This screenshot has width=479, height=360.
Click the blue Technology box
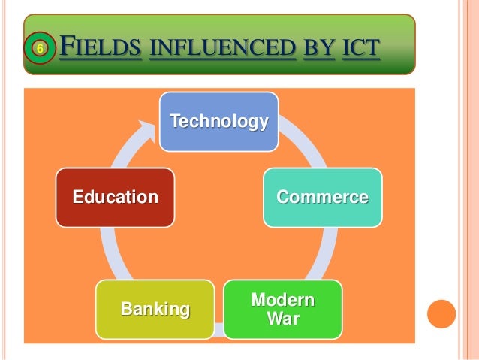[x=218, y=121]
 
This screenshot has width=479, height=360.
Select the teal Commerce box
[x=322, y=198]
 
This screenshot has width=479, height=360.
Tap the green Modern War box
[x=282, y=310]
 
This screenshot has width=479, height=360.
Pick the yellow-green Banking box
[x=155, y=309]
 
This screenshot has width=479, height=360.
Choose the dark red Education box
[x=115, y=198]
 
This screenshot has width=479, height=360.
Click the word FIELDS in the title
[x=101, y=50]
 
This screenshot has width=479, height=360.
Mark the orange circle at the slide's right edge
[x=441, y=313]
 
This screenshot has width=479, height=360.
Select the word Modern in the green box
[x=282, y=301]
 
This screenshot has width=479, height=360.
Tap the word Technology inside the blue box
[x=218, y=121]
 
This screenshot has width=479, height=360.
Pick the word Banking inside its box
[x=155, y=309]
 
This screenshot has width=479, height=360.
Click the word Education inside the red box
[x=115, y=198]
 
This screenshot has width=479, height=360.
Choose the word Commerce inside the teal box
[x=322, y=198]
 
